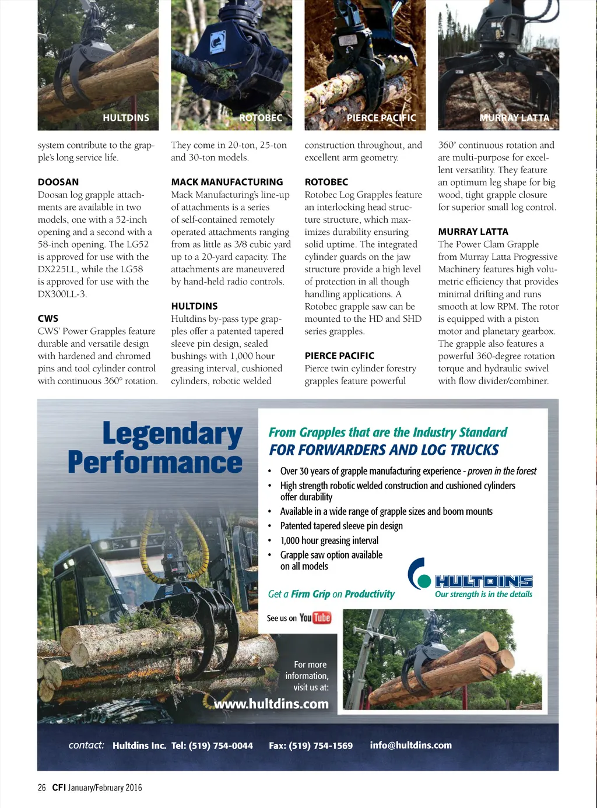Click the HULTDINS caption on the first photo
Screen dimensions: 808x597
click(126, 118)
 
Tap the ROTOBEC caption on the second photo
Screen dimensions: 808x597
click(261, 118)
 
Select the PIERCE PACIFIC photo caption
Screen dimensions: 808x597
click(381, 118)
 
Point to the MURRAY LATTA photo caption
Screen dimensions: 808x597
click(514, 118)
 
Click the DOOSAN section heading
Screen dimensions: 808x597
click(58, 182)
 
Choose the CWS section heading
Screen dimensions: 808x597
click(48, 318)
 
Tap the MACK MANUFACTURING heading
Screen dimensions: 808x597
click(227, 182)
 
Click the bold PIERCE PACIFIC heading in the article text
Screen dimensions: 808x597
click(339, 356)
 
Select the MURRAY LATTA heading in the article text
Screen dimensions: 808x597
click(473, 231)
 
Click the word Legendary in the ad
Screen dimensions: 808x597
click(173, 434)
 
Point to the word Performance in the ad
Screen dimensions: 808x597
click(155, 462)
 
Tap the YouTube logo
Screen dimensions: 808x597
click(315, 618)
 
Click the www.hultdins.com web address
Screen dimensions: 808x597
click(271, 704)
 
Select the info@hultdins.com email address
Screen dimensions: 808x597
click(410, 745)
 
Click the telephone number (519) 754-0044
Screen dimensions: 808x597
click(221, 746)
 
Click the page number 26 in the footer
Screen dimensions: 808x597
click(42, 788)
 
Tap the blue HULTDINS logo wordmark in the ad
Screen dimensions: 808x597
click(484, 581)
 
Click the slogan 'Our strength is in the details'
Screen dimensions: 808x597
click(483, 594)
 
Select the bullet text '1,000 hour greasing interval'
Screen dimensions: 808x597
click(329, 540)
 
